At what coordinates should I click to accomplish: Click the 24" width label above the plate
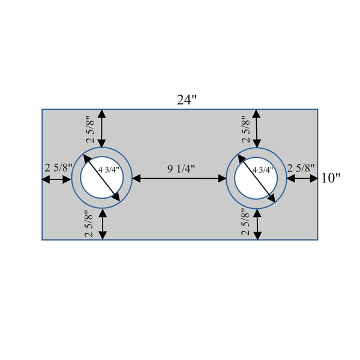point(187,100)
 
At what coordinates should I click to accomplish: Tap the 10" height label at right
point(331,178)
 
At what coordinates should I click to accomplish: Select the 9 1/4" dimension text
point(181,169)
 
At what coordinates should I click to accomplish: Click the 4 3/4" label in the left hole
point(109,170)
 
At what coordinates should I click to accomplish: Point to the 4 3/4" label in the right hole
point(263,170)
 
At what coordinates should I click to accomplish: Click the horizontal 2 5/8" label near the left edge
point(59,168)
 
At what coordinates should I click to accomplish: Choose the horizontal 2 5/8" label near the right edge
point(301,168)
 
